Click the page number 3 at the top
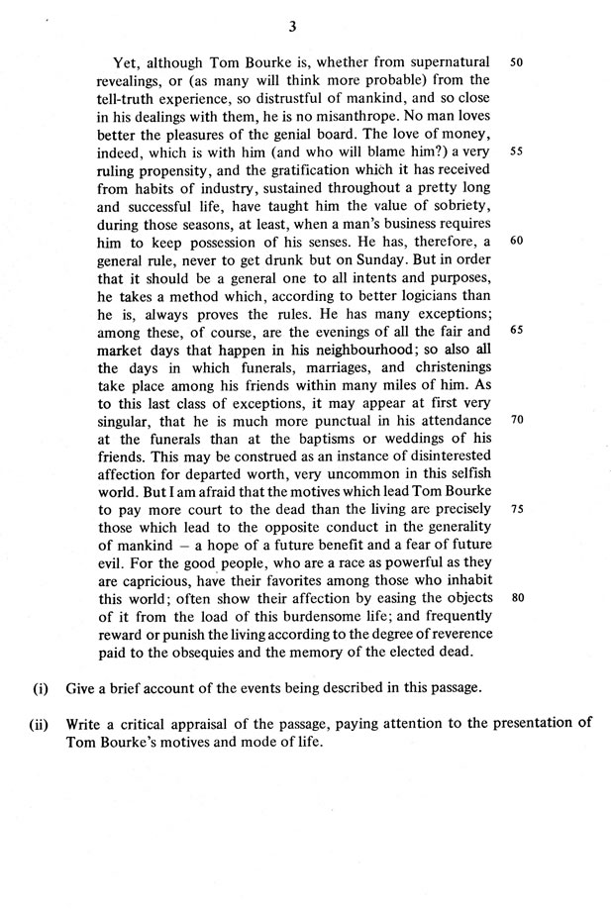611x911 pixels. [x=306, y=26]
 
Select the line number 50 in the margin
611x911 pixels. [x=517, y=61]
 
